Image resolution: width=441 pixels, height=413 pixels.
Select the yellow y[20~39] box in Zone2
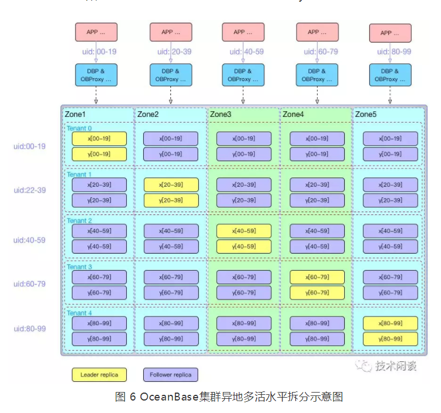171,200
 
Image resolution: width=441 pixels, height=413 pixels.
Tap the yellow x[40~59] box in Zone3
244,231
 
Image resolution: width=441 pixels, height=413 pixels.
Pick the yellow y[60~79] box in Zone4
317,292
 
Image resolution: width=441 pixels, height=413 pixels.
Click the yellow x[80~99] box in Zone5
390,323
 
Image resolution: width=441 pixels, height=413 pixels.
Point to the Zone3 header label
221,114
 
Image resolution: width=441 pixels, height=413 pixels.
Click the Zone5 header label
366,114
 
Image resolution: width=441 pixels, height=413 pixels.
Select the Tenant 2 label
79,221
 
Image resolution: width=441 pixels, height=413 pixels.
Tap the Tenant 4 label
79,313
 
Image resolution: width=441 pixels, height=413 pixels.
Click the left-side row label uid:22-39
30,189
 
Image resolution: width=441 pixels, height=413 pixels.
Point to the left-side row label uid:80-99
30,329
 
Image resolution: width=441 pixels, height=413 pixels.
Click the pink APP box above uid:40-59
243,32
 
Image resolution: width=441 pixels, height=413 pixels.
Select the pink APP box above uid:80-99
390,33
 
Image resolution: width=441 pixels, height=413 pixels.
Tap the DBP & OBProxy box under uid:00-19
96,75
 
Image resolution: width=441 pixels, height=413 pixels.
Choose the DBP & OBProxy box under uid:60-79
317,75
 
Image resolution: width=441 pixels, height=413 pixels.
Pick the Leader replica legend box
99,375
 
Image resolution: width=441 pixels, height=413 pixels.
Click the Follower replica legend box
171,375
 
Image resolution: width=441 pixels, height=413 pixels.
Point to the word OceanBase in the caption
168,396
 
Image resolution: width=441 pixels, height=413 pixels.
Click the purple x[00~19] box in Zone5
390,138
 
